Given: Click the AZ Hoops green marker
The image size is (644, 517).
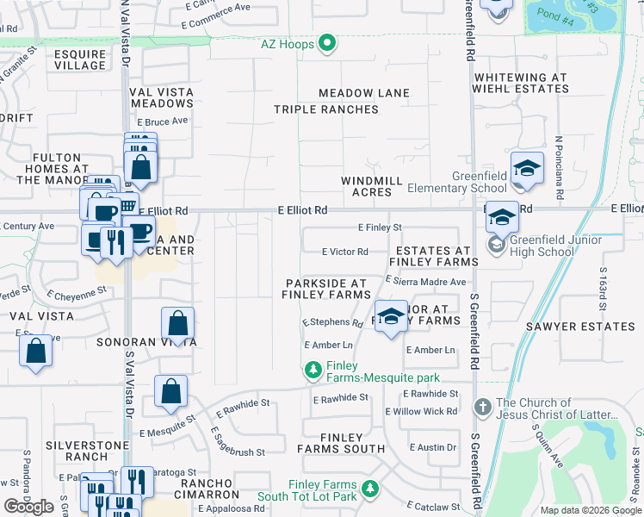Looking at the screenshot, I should coord(327,43).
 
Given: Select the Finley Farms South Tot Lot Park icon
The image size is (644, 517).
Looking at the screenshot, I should coord(370,489).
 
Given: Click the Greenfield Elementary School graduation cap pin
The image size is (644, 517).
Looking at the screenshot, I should coord(527,170).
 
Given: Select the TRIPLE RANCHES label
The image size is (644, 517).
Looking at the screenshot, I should coord(326,109).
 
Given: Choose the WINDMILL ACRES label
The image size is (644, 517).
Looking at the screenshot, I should coord(372,186).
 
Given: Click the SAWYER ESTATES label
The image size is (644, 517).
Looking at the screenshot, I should coord(580,327).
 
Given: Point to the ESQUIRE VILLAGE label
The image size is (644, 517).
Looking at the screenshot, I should coord(79,59).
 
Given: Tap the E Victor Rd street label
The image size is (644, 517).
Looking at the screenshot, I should coord(344,252).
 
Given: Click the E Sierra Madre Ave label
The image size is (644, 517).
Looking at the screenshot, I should coord(425,282).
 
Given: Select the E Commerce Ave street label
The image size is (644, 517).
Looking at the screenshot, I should coord(218,7).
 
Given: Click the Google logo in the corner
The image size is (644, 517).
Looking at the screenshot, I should coord(29,507).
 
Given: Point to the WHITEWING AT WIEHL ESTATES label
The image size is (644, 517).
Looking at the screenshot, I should coord(520,83).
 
